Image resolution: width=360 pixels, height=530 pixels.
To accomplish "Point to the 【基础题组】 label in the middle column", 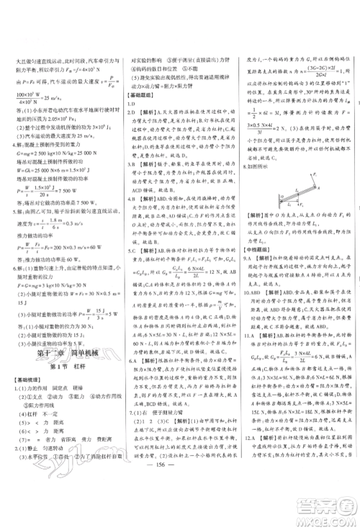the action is click(141, 95).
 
